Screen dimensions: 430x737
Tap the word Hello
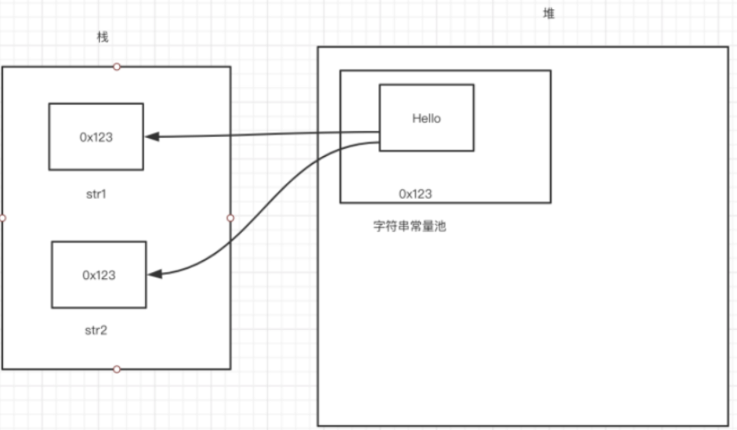pyautogui.click(x=426, y=118)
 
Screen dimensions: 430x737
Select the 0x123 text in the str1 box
pyautogui.click(x=96, y=137)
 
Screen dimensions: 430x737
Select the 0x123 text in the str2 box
pyautogui.click(x=99, y=275)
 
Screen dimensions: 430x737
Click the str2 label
pyautogui.click(x=96, y=330)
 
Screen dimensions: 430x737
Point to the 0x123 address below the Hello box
pyautogui.click(x=415, y=193)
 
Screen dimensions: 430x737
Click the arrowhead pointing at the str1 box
pyautogui.click(x=152, y=137)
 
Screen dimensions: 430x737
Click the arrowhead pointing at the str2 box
pyautogui.click(x=155, y=275)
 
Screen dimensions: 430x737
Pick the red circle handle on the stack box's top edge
pyautogui.click(x=117, y=66)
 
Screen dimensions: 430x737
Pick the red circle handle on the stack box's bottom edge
pyautogui.click(x=117, y=370)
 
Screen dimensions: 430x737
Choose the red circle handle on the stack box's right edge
pyautogui.click(x=230, y=218)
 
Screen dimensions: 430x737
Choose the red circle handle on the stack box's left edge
pyautogui.click(x=2, y=218)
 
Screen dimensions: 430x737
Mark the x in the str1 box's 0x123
pyautogui.click(x=90, y=137)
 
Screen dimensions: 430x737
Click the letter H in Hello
pyautogui.click(x=416, y=118)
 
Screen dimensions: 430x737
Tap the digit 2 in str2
pyautogui.click(x=104, y=330)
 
